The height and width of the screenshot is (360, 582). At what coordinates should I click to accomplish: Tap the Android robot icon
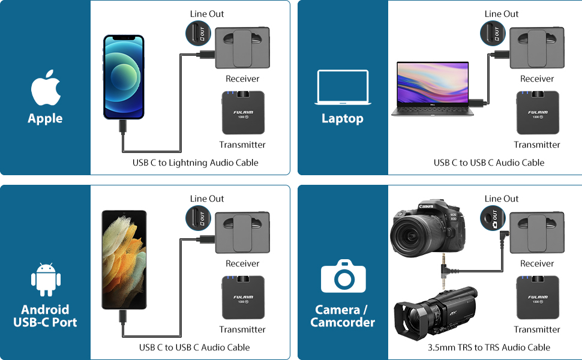46,279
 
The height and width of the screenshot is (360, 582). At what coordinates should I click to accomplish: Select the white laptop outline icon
343,88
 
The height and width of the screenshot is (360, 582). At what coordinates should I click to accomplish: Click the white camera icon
343,277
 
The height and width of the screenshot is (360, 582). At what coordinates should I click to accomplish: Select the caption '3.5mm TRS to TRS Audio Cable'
488,347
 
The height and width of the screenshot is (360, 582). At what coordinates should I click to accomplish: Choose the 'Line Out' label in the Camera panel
501,199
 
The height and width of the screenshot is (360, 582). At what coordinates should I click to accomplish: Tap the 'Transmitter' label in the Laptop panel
536,145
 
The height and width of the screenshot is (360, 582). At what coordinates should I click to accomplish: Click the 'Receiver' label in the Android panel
242,263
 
